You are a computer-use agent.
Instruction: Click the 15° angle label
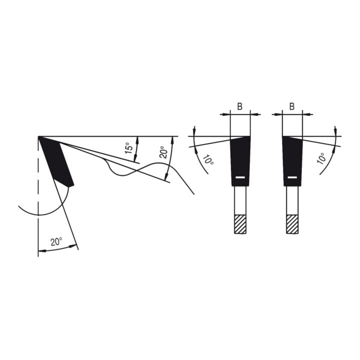[129, 148]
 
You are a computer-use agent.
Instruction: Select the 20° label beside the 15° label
[163, 152]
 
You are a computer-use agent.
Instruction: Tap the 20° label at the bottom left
[56, 242]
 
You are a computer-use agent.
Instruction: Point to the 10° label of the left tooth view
[208, 159]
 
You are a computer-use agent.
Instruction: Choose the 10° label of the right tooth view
[321, 158]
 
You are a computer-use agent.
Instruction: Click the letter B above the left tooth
[239, 106]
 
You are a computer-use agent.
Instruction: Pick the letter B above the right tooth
[292, 106]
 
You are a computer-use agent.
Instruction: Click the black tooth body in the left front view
[240, 161]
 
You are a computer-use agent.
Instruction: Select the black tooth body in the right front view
[292, 161]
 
